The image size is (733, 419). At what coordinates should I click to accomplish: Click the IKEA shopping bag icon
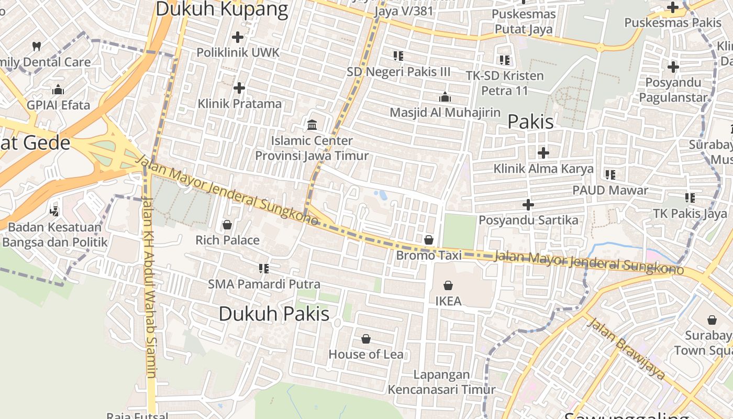tap(448, 285)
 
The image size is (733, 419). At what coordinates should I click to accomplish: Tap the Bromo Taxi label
tap(429, 255)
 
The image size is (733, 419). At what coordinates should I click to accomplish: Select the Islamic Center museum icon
tap(312, 125)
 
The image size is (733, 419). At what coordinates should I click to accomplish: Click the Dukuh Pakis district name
tap(274, 314)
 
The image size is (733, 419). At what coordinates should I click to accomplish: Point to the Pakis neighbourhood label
tap(530, 122)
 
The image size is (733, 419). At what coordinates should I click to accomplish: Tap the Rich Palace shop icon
tap(227, 225)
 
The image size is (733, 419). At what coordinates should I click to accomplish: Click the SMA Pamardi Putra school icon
tap(264, 269)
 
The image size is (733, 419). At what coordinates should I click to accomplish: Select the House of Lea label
tap(366, 354)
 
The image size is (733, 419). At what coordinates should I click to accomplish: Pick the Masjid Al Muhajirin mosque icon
tap(445, 97)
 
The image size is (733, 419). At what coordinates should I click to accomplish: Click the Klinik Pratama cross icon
tap(239, 88)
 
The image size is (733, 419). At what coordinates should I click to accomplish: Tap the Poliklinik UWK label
tap(238, 52)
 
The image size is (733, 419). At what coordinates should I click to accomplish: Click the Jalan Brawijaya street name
tap(626, 348)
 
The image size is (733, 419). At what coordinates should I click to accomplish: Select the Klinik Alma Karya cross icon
tap(543, 153)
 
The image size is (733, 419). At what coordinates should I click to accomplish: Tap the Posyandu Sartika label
tap(528, 220)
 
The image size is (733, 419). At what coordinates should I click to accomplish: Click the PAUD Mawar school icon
tap(610, 174)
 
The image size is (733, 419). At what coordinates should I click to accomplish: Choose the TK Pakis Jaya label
tap(690, 213)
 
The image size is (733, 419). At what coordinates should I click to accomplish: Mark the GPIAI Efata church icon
tap(58, 90)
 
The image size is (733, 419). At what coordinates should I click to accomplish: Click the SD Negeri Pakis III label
tap(398, 71)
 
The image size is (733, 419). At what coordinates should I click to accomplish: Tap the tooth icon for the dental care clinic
tap(36, 46)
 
